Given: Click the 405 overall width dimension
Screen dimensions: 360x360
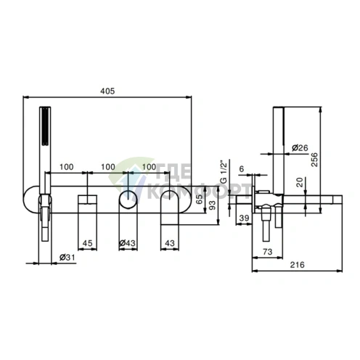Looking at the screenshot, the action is click(x=107, y=91).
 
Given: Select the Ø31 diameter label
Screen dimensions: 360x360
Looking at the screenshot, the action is click(x=67, y=258).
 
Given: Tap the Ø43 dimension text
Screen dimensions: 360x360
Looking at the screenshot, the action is click(x=127, y=243).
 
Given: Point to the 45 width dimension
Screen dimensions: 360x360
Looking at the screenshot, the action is click(x=87, y=243).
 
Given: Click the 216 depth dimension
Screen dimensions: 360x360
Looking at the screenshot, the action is click(x=297, y=265).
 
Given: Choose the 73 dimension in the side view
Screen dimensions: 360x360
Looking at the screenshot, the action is click(x=267, y=252).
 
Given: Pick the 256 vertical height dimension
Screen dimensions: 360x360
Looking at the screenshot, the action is click(x=314, y=159).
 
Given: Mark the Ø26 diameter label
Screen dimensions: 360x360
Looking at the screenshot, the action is click(x=300, y=147).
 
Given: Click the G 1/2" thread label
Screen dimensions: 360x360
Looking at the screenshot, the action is click(x=224, y=171).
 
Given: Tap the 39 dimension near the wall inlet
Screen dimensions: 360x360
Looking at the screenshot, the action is click(x=244, y=218).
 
